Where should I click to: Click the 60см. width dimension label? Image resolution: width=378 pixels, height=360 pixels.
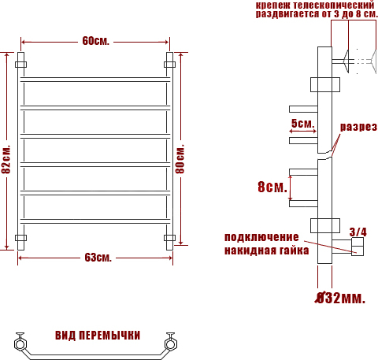(x=95, y=41)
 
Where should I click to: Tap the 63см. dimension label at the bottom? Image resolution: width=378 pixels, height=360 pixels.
(x=98, y=258)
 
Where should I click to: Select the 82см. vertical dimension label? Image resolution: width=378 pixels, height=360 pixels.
(x=6, y=159)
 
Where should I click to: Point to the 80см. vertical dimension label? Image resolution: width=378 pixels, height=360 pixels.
(x=180, y=158)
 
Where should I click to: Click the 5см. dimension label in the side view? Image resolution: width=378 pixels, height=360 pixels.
(x=302, y=123)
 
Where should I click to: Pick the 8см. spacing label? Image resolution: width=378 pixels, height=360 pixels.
(x=272, y=187)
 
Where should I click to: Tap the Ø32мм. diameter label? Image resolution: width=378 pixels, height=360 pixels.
(x=340, y=298)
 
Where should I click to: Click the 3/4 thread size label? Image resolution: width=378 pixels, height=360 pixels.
(x=358, y=232)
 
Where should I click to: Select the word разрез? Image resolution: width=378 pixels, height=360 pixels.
(x=358, y=127)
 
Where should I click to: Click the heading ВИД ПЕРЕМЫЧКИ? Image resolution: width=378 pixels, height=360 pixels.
(x=98, y=336)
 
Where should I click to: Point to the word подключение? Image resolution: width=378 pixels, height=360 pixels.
(x=261, y=237)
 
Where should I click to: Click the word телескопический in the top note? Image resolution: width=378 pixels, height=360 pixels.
(x=333, y=5)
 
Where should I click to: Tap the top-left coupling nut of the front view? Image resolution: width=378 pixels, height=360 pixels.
(x=20, y=65)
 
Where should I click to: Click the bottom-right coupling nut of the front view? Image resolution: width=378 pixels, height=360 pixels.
(x=169, y=238)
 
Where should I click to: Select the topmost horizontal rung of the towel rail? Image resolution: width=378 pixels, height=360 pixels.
(x=95, y=80)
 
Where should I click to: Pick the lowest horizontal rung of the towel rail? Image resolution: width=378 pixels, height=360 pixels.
(x=95, y=221)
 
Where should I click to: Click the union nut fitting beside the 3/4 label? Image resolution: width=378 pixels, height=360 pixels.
(x=358, y=247)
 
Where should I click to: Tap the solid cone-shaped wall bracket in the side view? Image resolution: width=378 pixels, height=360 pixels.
(x=346, y=61)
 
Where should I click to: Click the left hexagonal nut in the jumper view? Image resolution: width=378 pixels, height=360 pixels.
(x=20, y=344)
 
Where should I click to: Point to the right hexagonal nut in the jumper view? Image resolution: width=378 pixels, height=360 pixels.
(x=170, y=344)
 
